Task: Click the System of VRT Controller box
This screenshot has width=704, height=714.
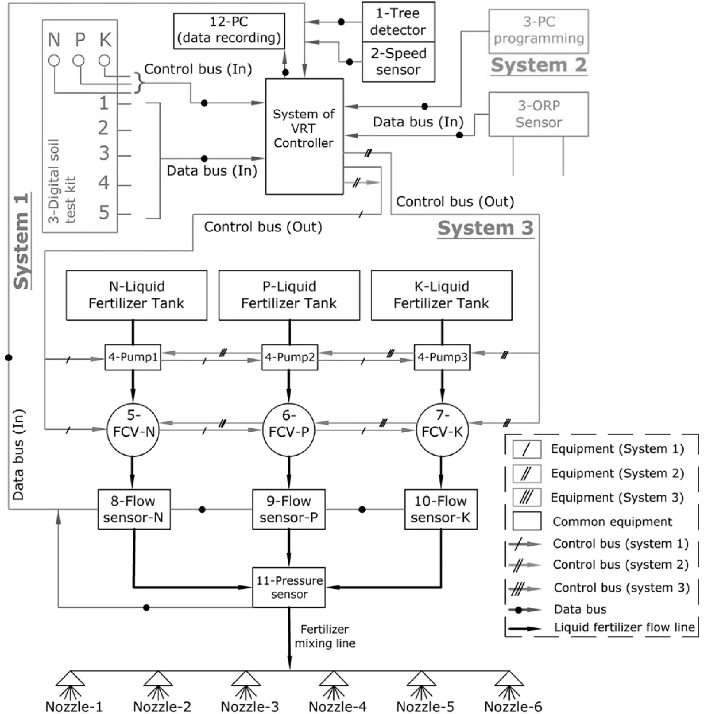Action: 304,136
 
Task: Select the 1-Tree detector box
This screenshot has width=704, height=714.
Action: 398,22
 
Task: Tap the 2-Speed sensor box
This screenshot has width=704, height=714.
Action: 398,62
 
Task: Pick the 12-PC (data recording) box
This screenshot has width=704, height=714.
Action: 229,31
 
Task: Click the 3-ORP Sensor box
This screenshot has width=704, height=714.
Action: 538,114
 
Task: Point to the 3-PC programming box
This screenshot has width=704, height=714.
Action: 538,31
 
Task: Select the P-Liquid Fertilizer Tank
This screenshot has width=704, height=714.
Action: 289,295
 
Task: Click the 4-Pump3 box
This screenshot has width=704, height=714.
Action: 442,357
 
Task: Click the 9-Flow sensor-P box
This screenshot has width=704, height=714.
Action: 289,509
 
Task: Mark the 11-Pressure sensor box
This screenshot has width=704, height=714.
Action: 289,587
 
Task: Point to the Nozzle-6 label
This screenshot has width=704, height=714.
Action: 513,706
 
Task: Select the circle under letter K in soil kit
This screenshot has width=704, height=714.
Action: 104,60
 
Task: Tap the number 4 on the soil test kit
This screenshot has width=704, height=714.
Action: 104,183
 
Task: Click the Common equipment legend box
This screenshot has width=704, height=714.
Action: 527,521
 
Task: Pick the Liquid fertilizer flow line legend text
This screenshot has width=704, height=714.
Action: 624,627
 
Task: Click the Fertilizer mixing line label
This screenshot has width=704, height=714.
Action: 325,636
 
